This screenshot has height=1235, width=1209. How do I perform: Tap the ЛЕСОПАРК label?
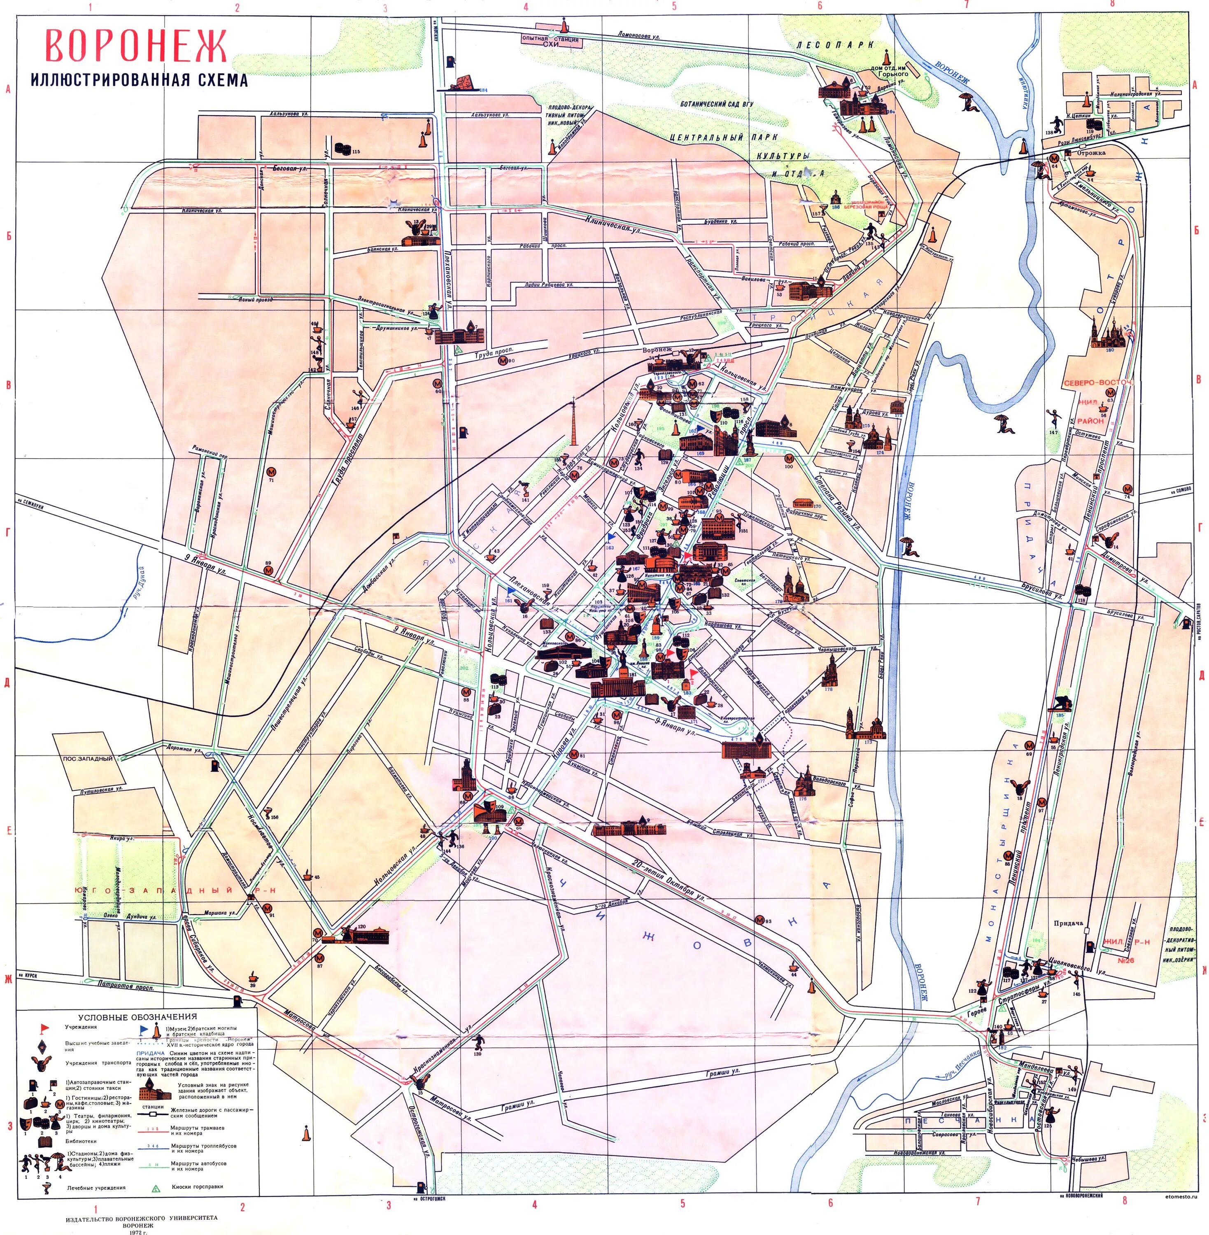pos(835,45)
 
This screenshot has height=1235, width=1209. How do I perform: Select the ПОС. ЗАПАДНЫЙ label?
pos(88,759)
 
